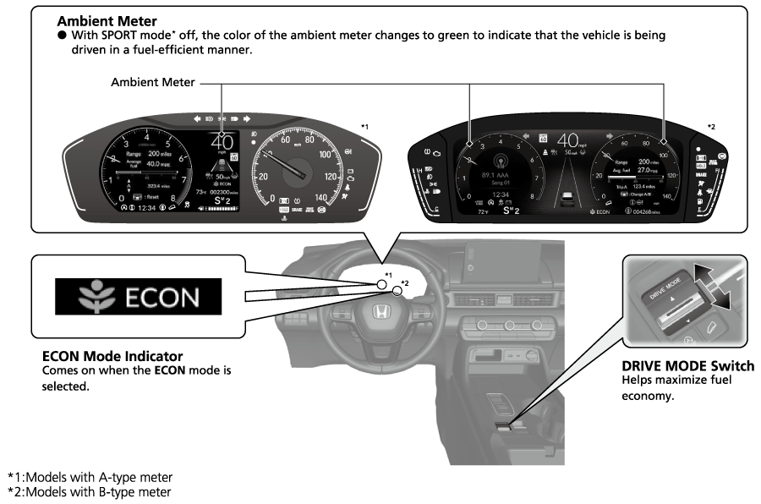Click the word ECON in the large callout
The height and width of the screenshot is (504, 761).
[162, 298]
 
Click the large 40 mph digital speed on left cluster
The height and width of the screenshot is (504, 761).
[222, 143]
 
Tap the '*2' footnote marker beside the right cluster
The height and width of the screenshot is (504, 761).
[712, 127]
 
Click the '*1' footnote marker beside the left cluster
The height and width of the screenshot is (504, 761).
[364, 127]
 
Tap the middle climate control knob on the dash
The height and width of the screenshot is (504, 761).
[511, 325]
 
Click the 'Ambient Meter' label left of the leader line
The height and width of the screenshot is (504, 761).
[153, 83]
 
